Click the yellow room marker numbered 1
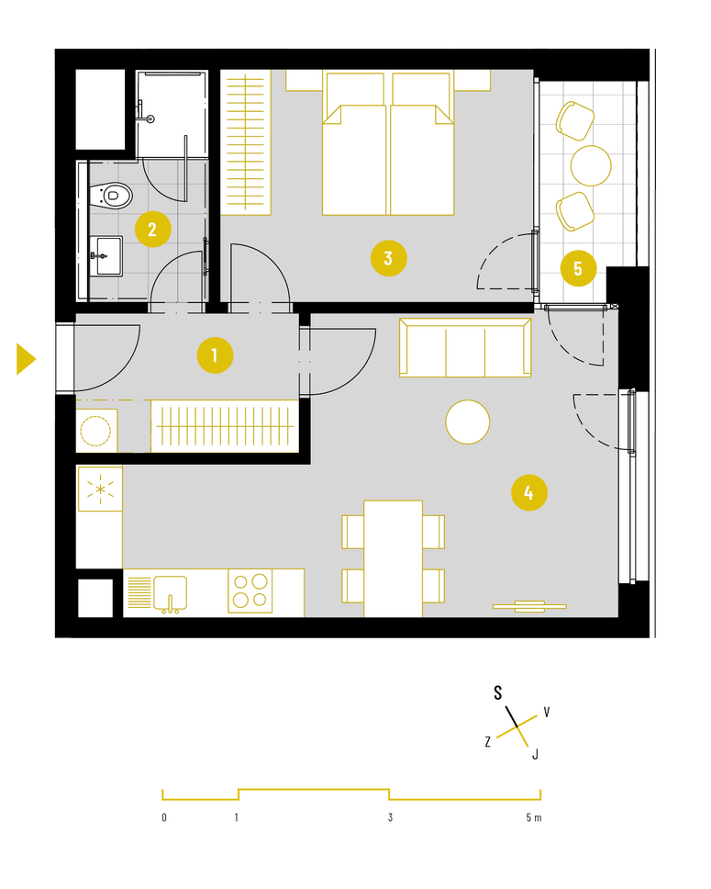[215, 355]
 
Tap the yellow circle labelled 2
[153, 229]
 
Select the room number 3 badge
[389, 259]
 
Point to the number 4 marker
[529, 492]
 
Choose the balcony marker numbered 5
[578, 268]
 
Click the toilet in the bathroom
[112, 196]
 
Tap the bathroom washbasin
[106, 255]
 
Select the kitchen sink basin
[170, 593]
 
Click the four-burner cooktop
[250, 591]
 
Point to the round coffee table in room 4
[467, 422]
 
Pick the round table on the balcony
[591, 165]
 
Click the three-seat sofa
[465, 347]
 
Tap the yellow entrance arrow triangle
[26, 359]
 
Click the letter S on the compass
[498, 692]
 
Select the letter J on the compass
[535, 755]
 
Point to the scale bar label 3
[390, 817]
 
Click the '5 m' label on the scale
[534, 817]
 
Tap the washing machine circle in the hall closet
[95, 431]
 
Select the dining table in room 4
[394, 558]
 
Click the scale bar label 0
[164, 817]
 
